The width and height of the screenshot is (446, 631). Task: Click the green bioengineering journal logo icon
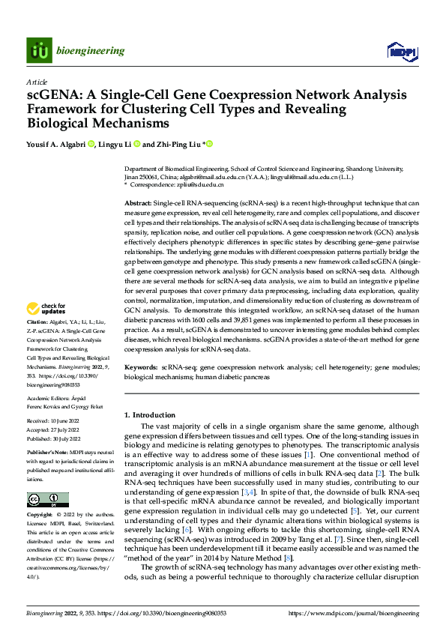coord(38,50)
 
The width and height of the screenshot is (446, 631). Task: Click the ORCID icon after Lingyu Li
coord(134,144)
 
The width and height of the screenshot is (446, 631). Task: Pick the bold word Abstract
coord(138,204)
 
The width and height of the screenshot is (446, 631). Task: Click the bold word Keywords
coord(140,368)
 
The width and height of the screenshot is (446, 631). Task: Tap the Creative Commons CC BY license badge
coord(47,500)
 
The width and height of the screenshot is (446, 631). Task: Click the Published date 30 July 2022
coord(55,439)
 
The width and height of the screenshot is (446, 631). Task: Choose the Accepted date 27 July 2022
coord(55,431)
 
